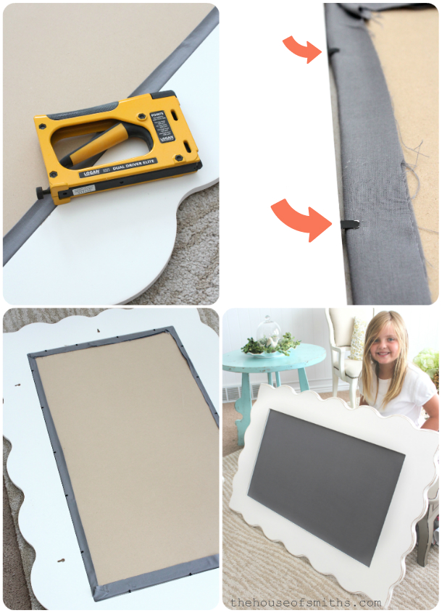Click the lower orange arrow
click(x=296, y=220)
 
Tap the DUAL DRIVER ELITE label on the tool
click(x=135, y=172)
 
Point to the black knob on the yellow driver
click(x=43, y=193)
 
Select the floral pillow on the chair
click(x=357, y=339)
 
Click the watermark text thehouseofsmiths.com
click(x=304, y=602)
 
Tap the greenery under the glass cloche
click(x=272, y=346)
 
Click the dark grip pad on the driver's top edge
click(x=109, y=109)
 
